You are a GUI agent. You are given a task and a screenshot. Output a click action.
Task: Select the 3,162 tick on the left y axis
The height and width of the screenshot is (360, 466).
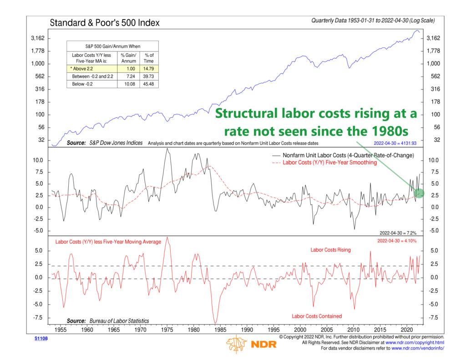[37, 38]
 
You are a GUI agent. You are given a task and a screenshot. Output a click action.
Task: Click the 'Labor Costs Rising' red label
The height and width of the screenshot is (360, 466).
[331, 250]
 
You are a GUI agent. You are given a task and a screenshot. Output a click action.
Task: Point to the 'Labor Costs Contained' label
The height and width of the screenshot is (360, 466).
[317, 316]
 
